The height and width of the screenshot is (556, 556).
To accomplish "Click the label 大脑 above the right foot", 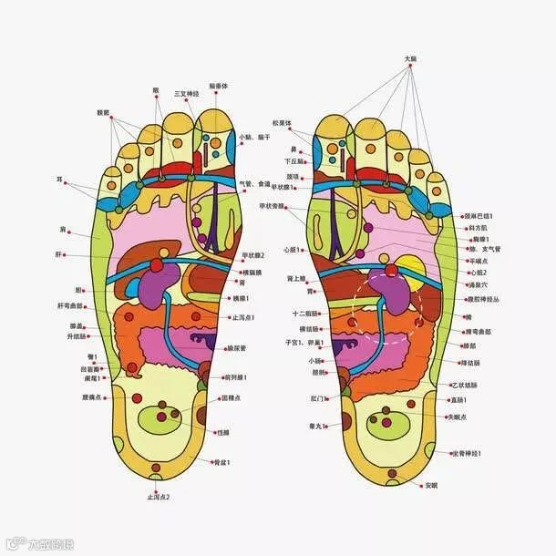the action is click(x=410, y=59).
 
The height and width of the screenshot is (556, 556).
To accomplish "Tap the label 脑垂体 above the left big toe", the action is click(x=218, y=87).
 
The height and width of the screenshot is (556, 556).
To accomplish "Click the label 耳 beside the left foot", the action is click(x=60, y=180).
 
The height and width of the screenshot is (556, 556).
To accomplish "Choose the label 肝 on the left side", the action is click(x=60, y=254).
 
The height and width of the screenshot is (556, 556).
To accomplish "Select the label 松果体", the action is click(x=281, y=122).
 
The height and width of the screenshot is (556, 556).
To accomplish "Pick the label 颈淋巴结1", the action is click(x=477, y=216).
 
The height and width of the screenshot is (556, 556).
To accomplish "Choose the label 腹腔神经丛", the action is click(x=484, y=298).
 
